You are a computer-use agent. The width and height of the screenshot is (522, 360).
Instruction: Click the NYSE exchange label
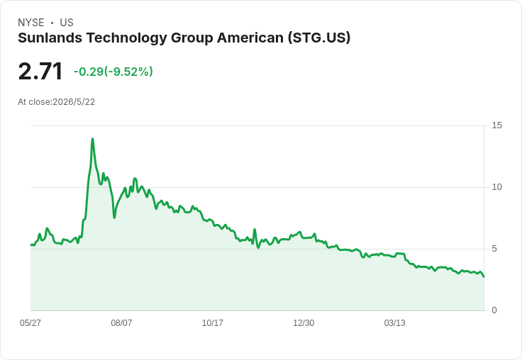tap(31, 23)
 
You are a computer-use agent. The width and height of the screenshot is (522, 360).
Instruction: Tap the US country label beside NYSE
tap(67, 23)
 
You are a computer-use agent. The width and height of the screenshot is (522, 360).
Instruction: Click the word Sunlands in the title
tap(50, 38)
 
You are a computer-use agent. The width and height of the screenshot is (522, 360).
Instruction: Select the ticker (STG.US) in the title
tap(319, 38)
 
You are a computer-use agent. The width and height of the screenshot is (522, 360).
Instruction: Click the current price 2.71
tap(40, 71)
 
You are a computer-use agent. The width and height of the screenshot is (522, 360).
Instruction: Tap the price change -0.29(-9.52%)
tap(113, 72)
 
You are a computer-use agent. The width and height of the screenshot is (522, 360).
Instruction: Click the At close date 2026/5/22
tap(74, 102)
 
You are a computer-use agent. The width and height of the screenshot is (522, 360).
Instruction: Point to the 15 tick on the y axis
tap(496, 125)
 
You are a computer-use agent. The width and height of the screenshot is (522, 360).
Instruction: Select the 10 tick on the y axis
tap(496, 187)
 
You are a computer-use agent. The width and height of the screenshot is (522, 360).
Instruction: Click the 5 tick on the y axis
tap(494, 249)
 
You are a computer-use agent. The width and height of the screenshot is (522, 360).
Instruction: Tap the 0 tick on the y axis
tap(494, 310)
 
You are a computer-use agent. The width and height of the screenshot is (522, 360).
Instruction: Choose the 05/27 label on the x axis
tap(30, 322)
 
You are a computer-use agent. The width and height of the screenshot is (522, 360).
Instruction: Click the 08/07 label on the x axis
tap(121, 322)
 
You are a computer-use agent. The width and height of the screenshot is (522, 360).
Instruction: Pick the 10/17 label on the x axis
tap(213, 322)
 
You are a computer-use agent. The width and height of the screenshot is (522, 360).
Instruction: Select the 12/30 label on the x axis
tap(304, 322)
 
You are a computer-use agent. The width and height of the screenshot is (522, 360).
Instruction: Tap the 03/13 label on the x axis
tap(395, 322)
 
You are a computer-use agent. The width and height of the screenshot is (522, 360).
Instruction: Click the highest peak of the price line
tap(92, 139)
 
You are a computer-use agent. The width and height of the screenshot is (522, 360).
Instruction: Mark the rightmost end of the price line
tap(484, 276)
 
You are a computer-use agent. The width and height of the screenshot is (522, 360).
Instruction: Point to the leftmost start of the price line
tap(31, 245)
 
